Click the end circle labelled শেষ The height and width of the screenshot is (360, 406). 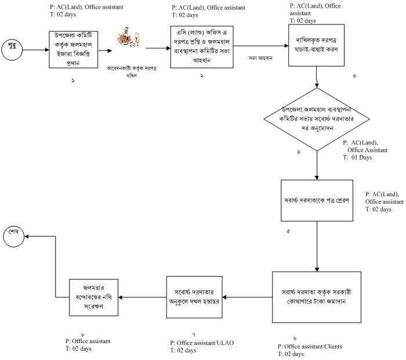coord(13,236)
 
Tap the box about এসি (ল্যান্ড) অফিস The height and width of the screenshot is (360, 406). coord(201,47)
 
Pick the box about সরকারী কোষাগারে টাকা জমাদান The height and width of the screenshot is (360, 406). coord(317,296)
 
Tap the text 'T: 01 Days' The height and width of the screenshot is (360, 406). coord(357,157)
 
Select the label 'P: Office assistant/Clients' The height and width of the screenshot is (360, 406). coord(309,347)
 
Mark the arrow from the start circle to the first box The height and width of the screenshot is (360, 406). coord(35,50)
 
